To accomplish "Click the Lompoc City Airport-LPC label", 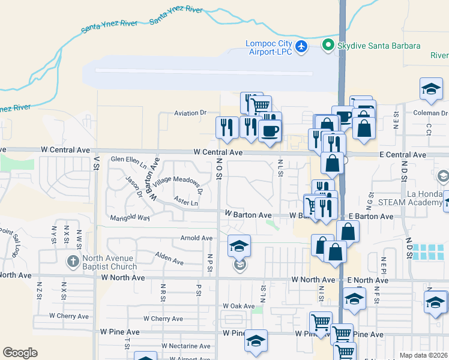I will click(x=269, y=47).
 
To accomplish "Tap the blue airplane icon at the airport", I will click(x=301, y=46).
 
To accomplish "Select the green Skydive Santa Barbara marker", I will click(x=328, y=45).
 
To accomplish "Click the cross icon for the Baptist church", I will click(x=73, y=262).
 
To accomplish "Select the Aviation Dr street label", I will click(x=190, y=113).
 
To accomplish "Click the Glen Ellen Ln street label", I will click(x=129, y=160).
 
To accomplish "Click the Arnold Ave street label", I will click(x=196, y=238).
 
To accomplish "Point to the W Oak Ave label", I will click(x=238, y=306).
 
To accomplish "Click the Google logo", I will click(x=20, y=353).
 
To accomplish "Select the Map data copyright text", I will click(x=423, y=355).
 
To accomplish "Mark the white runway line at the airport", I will click(x=203, y=72).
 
